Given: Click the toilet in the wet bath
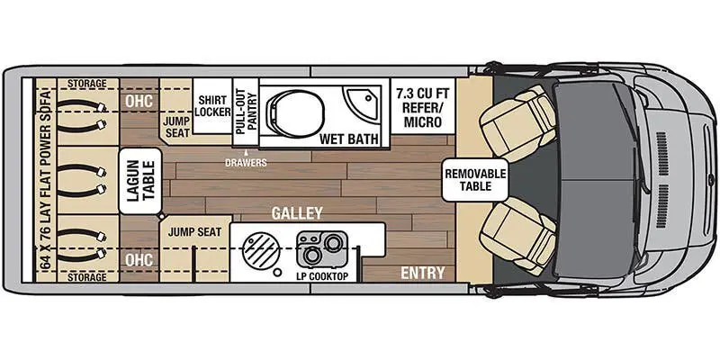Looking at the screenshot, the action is tap(295, 112).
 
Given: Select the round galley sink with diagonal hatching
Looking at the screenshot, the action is tap(259, 250).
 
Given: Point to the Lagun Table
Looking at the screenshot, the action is tap(140, 181).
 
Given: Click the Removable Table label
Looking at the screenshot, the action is tap(475, 180).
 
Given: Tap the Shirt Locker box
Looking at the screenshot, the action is tap(212, 106).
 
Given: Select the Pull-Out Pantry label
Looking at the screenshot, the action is tap(246, 111).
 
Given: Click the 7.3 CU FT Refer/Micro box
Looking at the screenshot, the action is tap(422, 106).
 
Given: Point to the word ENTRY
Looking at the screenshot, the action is tap(423, 274).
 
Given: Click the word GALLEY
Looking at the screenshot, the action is tap(297, 213).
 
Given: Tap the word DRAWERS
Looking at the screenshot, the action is tap(246, 163).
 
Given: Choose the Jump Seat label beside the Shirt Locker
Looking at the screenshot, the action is tap(176, 126).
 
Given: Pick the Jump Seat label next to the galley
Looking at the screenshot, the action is tap(194, 232).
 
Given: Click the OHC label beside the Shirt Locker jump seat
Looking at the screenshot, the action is tap(139, 101).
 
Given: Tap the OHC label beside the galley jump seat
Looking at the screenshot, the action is tap(139, 260).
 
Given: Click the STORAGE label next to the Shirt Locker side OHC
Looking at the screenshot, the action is tap(86, 84).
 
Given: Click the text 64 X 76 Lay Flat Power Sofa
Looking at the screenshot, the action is tap(46, 181).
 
